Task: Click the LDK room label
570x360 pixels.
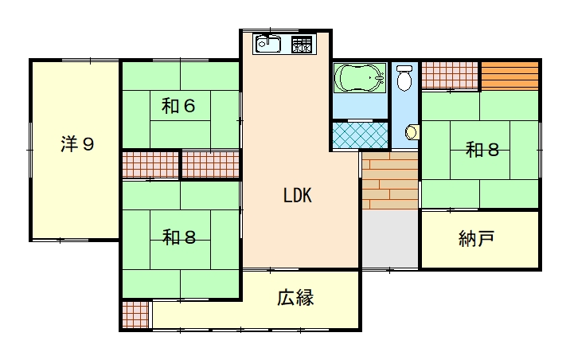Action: click(x=298, y=195)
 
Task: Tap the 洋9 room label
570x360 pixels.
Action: click(x=77, y=143)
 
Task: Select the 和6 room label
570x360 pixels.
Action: click(x=178, y=106)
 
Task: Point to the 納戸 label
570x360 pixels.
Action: click(x=476, y=239)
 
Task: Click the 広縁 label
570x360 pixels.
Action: click(x=295, y=297)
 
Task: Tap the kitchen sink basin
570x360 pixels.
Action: click(x=268, y=45)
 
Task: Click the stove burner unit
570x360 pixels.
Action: click(x=302, y=45)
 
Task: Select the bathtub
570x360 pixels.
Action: click(x=360, y=77)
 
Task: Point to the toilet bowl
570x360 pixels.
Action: click(x=404, y=78)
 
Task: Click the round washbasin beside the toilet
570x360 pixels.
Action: click(x=412, y=132)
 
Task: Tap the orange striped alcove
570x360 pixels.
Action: click(x=509, y=76)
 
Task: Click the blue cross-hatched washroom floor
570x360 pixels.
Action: click(x=361, y=135)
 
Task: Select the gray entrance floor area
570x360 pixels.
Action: click(x=390, y=239)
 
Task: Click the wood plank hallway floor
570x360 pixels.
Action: click(x=390, y=180)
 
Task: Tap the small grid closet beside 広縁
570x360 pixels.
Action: click(x=135, y=315)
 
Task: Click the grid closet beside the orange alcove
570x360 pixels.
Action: click(x=450, y=76)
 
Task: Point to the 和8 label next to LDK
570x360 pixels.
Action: click(x=179, y=237)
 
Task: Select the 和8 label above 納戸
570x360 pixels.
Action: click(x=482, y=150)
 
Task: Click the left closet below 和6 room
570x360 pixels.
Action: click(x=150, y=165)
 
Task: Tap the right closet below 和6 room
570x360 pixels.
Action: click(x=210, y=165)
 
